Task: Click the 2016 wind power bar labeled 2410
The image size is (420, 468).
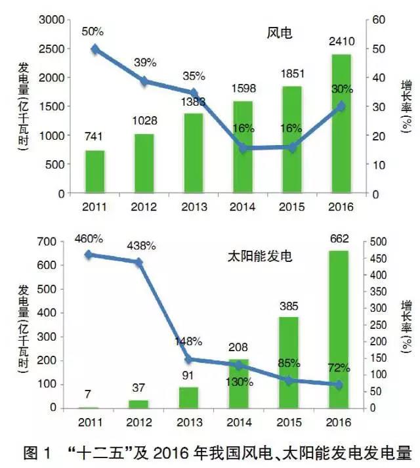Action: point(340,125)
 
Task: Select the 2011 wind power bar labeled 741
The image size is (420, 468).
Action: point(95,172)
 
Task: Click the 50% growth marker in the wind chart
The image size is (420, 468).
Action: point(95,49)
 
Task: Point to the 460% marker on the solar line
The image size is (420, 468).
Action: point(95,255)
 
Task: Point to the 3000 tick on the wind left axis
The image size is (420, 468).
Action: point(51,20)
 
